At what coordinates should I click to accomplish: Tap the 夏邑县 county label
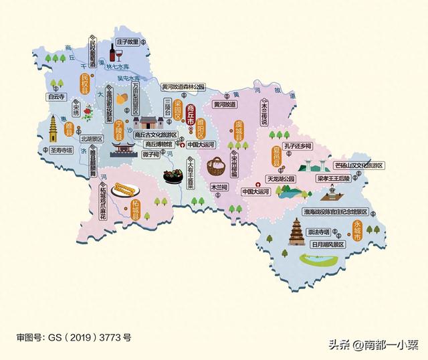276,159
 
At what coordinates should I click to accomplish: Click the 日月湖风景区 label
327,245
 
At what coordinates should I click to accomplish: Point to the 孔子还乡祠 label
298,145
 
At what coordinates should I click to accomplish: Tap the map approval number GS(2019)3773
74,338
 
